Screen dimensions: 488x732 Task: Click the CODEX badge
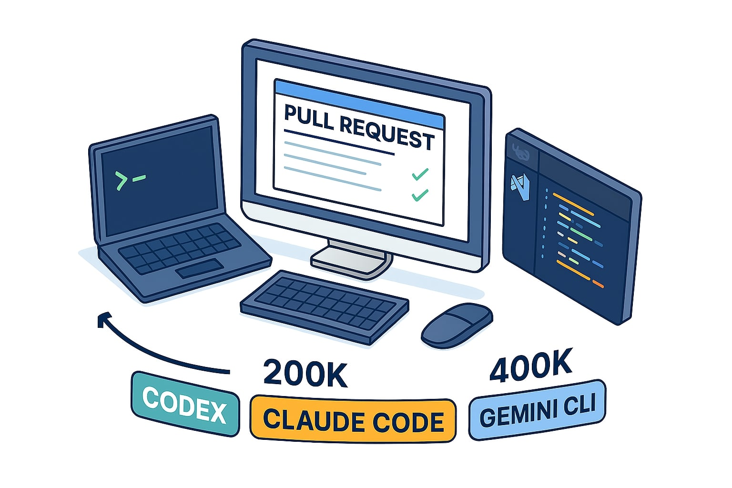click(x=185, y=404)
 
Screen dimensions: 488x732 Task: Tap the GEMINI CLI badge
click(x=537, y=409)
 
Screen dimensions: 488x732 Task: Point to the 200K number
click(x=305, y=373)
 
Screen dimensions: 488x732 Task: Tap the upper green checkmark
click(x=420, y=174)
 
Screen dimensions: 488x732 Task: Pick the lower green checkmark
click(x=419, y=194)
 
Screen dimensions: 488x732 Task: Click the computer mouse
click(x=457, y=325)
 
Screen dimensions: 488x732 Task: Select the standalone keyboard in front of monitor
click(x=324, y=305)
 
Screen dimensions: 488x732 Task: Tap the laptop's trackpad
click(x=199, y=269)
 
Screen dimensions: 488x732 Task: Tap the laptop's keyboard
click(x=179, y=249)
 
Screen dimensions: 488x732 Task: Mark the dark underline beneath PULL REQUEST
click(x=339, y=142)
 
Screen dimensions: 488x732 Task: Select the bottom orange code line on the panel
click(x=598, y=285)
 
